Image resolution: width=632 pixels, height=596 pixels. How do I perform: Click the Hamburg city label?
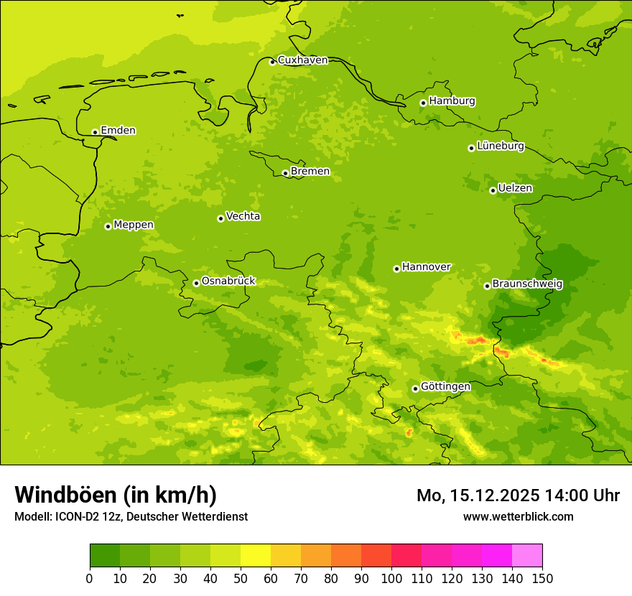click(452, 101)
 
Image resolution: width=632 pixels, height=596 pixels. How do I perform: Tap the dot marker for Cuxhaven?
click(272, 62)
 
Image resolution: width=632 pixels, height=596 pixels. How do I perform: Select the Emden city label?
click(118, 131)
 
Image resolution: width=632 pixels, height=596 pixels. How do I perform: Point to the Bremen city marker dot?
click(285, 173)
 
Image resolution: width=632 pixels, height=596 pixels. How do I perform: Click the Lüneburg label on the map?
click(500, 146)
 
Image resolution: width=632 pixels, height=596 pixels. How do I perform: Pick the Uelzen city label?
click(515, 189)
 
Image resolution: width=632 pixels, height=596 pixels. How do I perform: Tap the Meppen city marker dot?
click(108, 226)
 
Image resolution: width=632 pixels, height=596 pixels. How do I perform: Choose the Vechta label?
click(243, 217)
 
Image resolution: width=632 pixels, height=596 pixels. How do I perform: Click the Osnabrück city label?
click(228, 281)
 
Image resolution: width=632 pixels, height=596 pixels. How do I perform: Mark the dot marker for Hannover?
click(396, 269)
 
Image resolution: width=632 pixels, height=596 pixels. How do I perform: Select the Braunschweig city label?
click(527, 284)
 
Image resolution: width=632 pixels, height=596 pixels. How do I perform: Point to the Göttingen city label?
click(445, 387)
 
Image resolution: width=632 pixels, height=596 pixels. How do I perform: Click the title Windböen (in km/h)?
click(116, 495)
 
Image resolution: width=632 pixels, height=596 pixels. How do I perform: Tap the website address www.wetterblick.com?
click(518, 517)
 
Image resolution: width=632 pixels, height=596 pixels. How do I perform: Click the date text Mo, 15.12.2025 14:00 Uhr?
click(518, 495)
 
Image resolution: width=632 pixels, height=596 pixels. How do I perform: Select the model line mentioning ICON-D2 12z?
click(131, 517)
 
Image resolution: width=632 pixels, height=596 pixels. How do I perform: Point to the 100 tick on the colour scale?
click(391, 578)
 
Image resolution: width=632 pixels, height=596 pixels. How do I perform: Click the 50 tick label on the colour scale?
click(241, 578)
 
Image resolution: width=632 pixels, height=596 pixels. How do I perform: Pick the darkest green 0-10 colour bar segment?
click(105, 556)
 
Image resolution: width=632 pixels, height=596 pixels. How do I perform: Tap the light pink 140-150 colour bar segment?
click(527, 556)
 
